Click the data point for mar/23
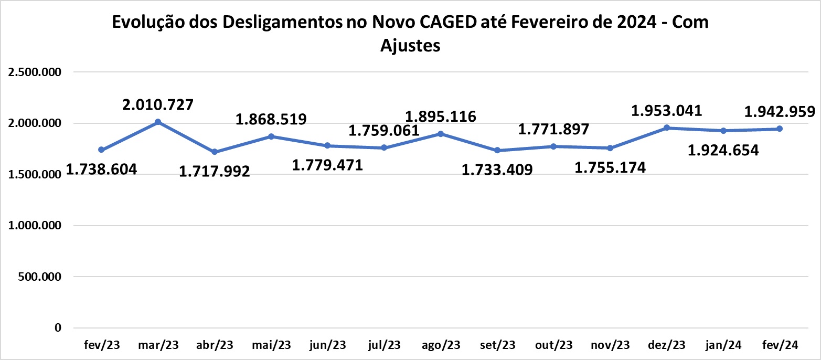coord(158,122)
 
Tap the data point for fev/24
coord(780,129)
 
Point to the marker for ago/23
coord(441,134)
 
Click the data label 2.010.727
coord(158,104)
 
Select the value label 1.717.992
coord(215,171)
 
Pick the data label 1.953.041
coord(666,111)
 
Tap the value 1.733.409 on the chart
coord(497,170)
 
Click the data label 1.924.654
coord(723,151)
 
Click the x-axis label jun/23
coord(327,345)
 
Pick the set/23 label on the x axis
coord(497,345)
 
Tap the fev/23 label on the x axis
coord(102,345)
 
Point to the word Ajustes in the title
coord(410,46)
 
